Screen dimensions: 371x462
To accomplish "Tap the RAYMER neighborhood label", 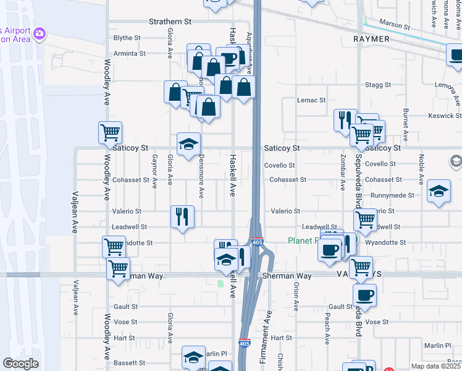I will point(371,39).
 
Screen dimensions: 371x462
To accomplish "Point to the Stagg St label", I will point(379,85).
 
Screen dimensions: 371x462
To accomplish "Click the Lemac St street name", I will point(311,100).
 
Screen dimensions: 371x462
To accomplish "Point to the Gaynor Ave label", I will point(154,169).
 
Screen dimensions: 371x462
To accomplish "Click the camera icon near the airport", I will point(40,32).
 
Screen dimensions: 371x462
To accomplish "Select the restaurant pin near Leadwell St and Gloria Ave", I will point(182,216).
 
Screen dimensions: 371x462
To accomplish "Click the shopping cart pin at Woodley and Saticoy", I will point(110,132).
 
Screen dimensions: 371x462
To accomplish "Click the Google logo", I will point(21,364).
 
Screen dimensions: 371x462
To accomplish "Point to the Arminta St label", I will point(129,54).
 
